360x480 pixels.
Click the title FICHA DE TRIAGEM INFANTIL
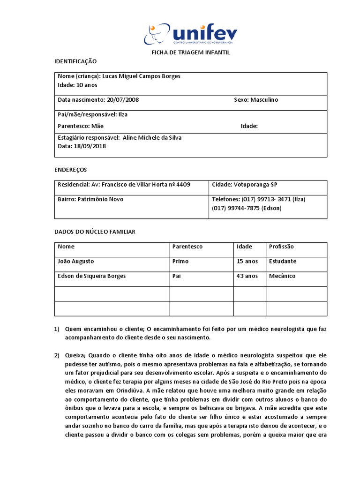(190, 52)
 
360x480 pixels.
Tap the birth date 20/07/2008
(123, 100)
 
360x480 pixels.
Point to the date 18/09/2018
(90, 146)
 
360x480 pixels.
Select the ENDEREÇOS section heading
(71, 170)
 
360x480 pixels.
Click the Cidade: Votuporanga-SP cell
(247, 185)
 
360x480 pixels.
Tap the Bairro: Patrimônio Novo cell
(90, 199)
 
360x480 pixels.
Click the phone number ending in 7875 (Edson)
(247, 208)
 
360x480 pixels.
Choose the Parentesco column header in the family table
(187, 247)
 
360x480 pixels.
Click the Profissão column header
(282, 247)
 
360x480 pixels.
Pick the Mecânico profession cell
(282, 276)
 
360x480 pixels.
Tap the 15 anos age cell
(247, 261)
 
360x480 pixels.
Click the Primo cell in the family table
(180, 261)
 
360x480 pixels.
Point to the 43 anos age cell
(247, 276)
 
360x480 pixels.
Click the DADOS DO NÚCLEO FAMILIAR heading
(95, 232)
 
